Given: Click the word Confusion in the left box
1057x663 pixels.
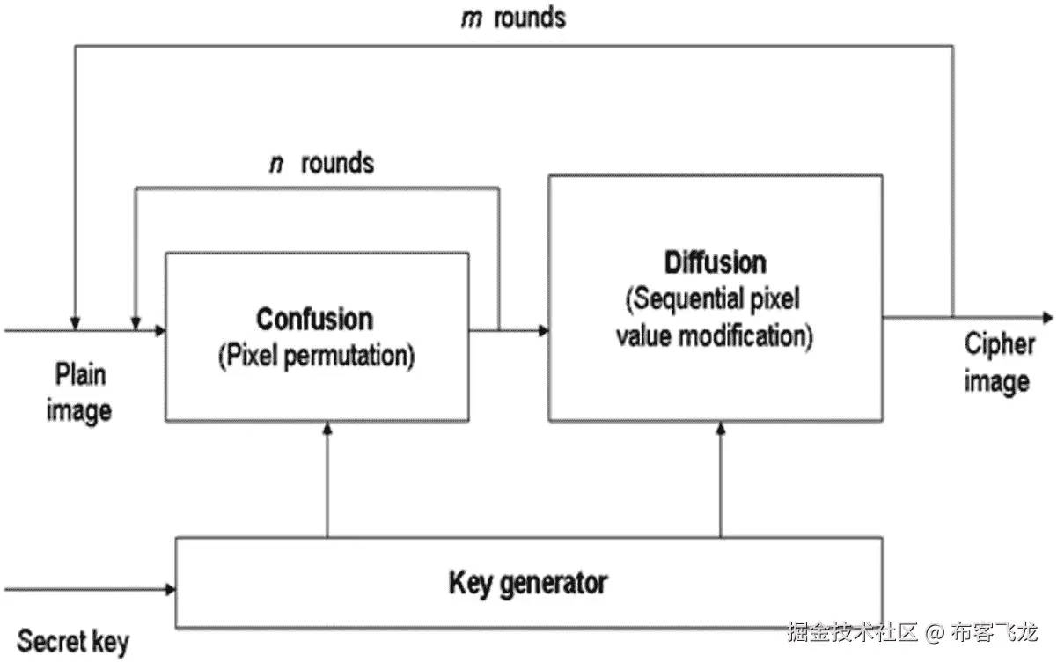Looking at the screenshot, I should coord(315,319).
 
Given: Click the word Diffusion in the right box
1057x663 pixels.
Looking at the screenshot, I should coord(715,262).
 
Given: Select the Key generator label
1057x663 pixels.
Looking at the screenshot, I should coord(528,583).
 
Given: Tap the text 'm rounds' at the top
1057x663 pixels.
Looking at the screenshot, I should coord(513,18).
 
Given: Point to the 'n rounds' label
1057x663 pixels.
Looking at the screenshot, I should coord(321,163).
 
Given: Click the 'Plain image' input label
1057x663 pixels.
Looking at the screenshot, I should coord(79,392).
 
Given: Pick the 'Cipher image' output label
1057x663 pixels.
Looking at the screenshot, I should coord(997,362).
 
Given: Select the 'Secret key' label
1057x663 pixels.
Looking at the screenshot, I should coord(72,640).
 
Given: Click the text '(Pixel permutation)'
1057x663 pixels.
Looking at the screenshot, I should coord(315,357).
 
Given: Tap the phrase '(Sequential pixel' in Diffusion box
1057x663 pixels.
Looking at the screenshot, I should coord(713,298).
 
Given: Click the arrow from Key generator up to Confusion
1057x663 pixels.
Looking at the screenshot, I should coord(327,480).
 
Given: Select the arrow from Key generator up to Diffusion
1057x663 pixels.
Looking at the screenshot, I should coord(721,480).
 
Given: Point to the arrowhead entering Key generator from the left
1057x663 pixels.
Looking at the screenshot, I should coord(168,587).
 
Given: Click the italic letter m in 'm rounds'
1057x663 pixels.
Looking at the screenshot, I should coord(470,18).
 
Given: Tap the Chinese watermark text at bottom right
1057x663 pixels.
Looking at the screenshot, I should coord(913,631).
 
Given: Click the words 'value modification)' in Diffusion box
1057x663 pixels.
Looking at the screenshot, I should coord(714,335).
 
